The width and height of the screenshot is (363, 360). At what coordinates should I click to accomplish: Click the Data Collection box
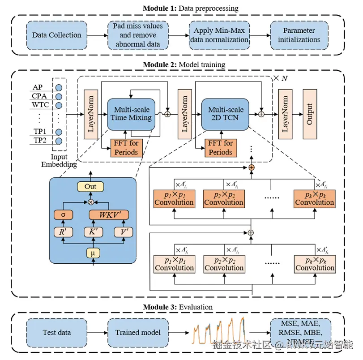[x=57, y=35]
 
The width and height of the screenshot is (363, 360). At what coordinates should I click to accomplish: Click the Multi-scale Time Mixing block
[x=132, y=114]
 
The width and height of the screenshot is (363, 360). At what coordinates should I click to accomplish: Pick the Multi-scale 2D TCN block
[x=226, y=114]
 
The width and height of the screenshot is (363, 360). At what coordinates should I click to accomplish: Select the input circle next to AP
[x=59, y=86]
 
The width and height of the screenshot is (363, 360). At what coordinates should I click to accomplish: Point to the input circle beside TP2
[x=59, y=141]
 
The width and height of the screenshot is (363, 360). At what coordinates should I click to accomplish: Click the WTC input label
[x=40, y=105]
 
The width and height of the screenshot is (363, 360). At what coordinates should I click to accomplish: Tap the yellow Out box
[x=90, y=186]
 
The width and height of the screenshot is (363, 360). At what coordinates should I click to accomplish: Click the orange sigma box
[x=63, y=214]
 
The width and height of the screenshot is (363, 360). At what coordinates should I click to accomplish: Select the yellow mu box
[x=93, y=254]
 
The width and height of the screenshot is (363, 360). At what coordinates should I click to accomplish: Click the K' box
[x=90, y=231]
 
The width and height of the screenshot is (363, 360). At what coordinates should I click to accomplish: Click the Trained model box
[x=137, y=333]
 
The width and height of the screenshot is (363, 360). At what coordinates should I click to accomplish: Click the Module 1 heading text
[x=190, y=8]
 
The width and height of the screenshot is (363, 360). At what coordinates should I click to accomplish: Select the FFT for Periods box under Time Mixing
[x=126, y=147]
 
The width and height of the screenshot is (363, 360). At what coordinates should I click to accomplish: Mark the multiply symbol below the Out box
[x=91, y=202]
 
